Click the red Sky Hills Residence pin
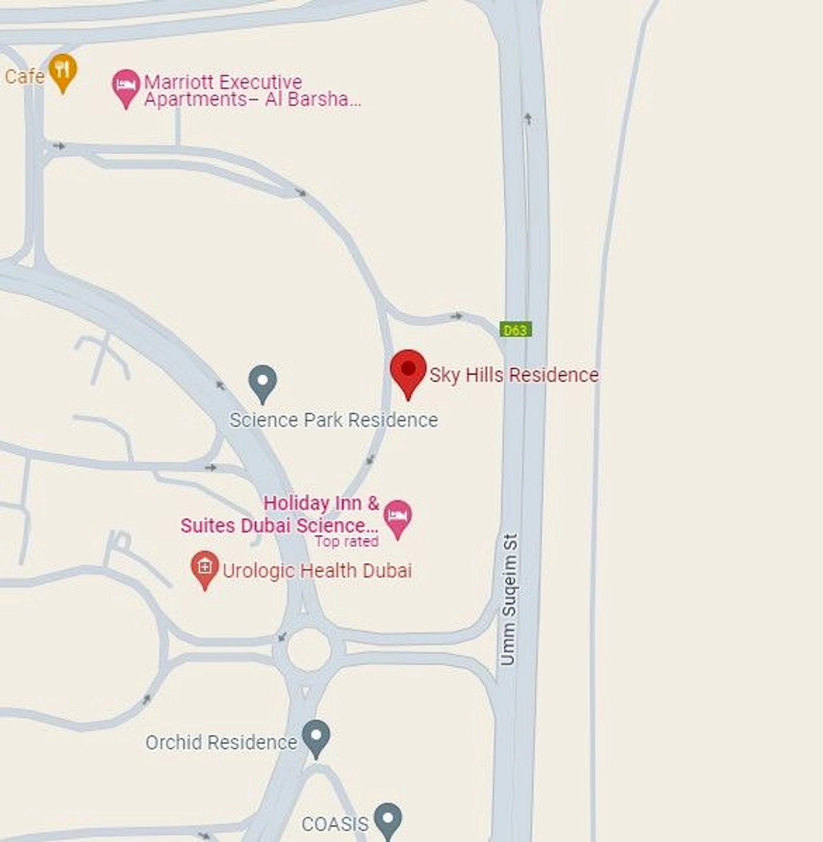(x=408, y=370)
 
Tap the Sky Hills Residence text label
(x=514, y=375)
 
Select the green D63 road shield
(x=516, y=330)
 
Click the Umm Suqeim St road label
(x=509, y=599)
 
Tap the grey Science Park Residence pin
(x=263, y=381)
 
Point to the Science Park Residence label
(x=333, y=420)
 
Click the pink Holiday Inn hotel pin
(x=397, y=516)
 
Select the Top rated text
(x=346, y=541)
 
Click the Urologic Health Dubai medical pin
(x=205, y=567)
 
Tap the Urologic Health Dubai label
(x=317, y=571)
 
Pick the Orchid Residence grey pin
(x=316, y=736)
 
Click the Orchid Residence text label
(x=221, y=743)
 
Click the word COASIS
(x=335, y=824)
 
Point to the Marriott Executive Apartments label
(x=251, y=91)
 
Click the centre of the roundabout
(x=309, y=649)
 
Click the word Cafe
(x=24, y=76)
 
